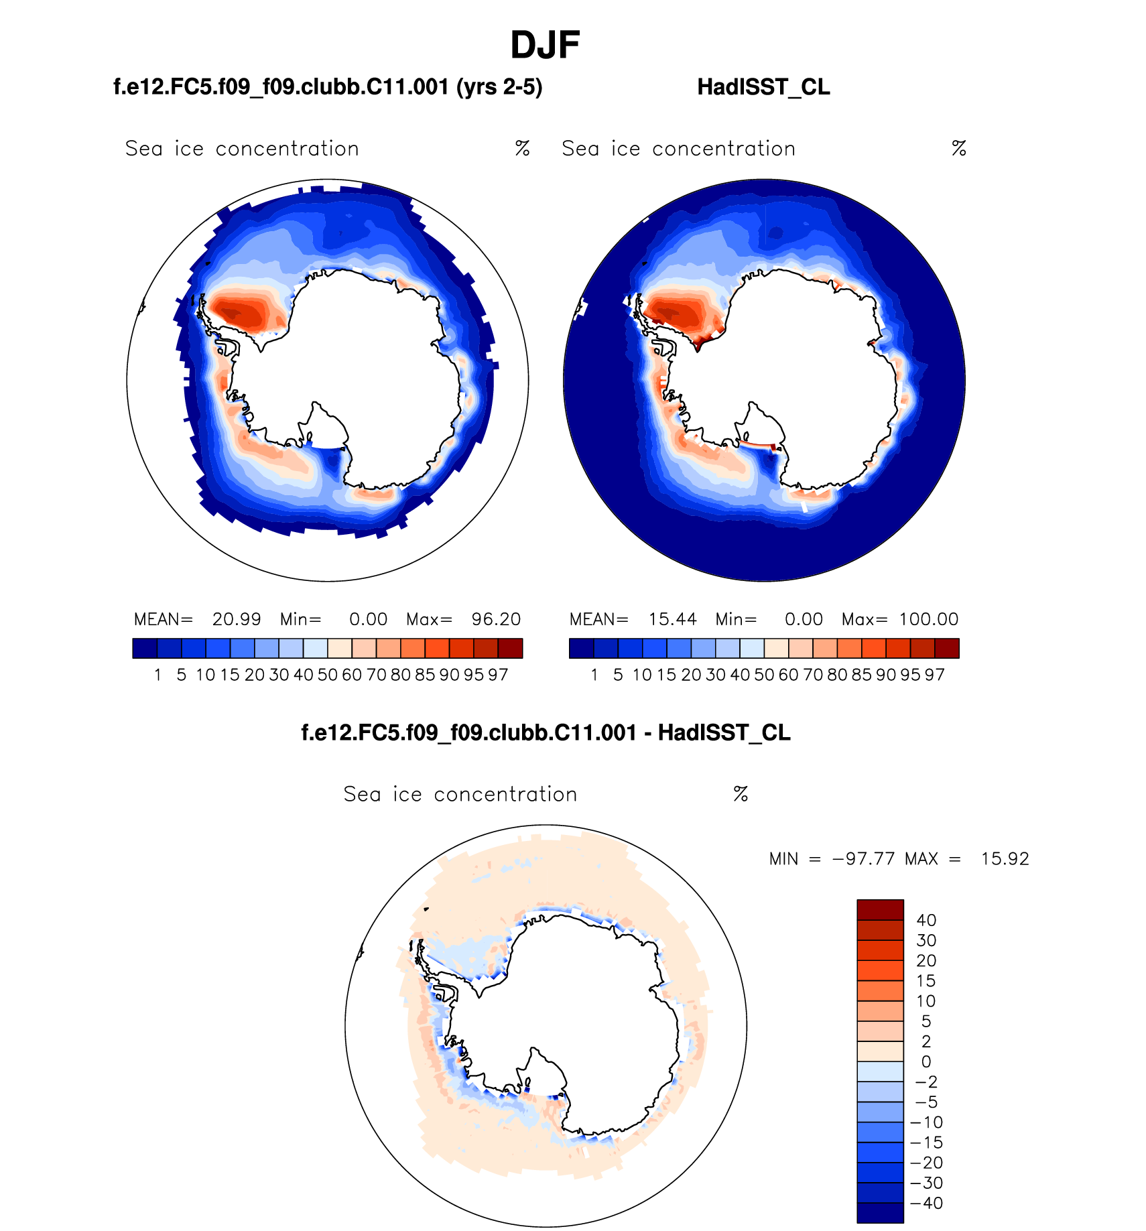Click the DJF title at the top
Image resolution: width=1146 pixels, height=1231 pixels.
(x=545, y=46)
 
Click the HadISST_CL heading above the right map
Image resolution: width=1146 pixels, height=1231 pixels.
(x=763, y=87)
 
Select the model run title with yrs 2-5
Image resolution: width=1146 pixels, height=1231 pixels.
(x=328, y=87)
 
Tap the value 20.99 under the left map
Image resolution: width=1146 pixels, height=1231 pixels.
(x=237, y=619)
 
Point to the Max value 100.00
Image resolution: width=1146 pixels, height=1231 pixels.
(x=929, y=619)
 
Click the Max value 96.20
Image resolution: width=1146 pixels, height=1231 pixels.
(x=496, y=619)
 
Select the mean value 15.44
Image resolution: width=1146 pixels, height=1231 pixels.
(x=672, y=619)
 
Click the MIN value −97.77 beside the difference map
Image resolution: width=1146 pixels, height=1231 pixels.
(x=863, y=859)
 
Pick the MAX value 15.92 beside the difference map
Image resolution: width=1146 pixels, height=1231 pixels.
(x=1005, y=859)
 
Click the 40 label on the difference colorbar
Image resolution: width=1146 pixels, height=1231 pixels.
(x=926, y=921)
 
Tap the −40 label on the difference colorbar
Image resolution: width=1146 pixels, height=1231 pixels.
(x=926, y=1204)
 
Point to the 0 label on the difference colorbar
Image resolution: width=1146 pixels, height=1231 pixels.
(x=926, y=1062)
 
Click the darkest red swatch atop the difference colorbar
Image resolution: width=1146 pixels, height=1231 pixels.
(x=880, y=910)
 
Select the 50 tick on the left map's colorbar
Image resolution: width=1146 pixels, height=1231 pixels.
(x=328, y=675)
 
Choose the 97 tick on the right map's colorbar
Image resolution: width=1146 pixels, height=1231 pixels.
(x=934, y=675)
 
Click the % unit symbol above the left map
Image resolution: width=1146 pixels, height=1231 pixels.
(x=523, y=149)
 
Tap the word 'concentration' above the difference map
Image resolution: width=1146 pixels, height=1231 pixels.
(x=505, y=795)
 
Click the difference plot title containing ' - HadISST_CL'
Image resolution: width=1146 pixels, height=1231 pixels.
(x=546, y=733)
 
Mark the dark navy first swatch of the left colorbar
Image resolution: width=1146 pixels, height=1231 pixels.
(x=145, y=649)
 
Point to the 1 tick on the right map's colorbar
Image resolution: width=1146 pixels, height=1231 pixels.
(x=594, y=675)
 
